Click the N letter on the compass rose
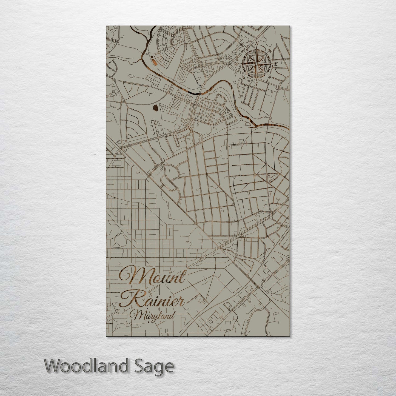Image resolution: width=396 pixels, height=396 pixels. [257, 44]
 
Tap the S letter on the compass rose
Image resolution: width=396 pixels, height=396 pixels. [256, 84]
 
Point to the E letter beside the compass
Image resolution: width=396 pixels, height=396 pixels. [276, 64]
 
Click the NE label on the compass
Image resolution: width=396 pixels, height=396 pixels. [270, 50]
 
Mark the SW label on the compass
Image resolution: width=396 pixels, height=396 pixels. [243, 77]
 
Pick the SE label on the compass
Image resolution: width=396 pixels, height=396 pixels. [270, 77]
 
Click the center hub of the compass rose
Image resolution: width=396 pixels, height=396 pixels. [256, 64]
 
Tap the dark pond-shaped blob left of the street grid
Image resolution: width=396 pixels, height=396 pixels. [155, 109]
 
